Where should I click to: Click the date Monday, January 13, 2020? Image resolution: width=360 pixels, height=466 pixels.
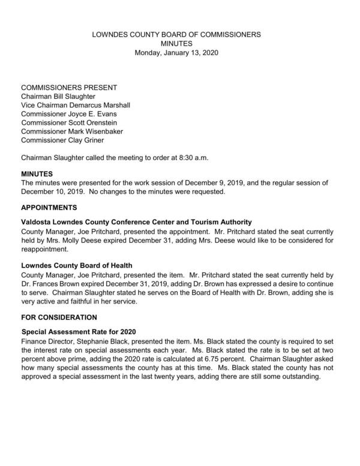click(x=176, y=53)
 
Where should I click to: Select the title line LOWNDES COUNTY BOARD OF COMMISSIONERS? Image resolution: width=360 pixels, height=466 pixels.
click(x=176, y=35)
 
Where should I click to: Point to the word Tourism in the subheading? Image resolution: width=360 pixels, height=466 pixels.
click(x=202, y=222)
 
